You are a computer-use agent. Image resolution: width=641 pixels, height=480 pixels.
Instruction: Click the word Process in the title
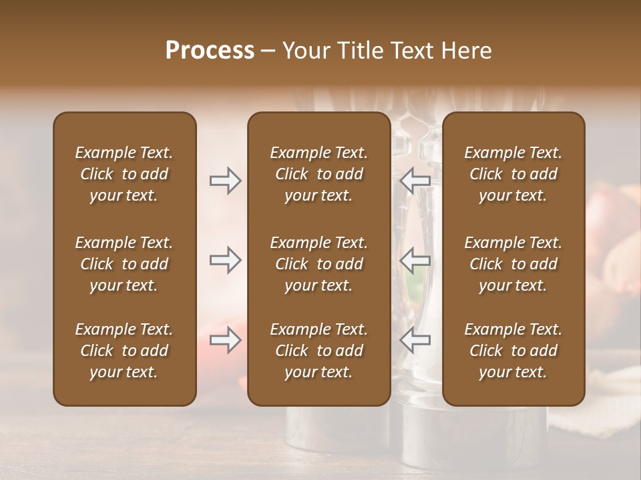(x=210, y=50)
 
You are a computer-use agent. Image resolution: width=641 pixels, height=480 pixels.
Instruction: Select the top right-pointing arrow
(x=226, y=181)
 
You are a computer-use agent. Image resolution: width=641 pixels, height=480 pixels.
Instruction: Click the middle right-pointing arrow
(x=226, y=260)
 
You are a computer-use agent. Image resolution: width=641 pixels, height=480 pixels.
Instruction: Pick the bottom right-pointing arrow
(x=226, y=341)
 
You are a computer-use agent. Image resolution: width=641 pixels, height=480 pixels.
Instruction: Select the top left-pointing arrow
(x=415, y=181)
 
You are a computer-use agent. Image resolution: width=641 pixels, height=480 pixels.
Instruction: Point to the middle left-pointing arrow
(x=415, y=260)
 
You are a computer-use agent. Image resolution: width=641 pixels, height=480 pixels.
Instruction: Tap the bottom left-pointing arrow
(x=415, y=341)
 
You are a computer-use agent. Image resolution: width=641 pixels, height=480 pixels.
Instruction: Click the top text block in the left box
(x=124, y=174)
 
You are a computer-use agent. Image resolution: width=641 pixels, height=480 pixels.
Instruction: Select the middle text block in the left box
(x=124, y=264)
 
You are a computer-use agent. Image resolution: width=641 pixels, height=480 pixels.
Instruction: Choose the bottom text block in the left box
(x=124, y=351)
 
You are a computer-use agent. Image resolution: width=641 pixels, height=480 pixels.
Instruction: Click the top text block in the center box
(x=318, y=174)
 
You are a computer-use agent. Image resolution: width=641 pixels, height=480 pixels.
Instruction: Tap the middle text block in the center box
(x=318, y=264)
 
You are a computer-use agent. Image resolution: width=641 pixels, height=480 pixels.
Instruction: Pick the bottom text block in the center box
(x=318, y=351)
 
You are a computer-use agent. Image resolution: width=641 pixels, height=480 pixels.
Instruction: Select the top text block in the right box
(x=513, y=174)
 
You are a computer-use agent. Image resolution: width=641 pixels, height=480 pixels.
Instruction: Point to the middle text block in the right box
(x=513, y=264)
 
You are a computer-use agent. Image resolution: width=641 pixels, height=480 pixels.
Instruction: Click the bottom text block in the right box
(x=513, y=351)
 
